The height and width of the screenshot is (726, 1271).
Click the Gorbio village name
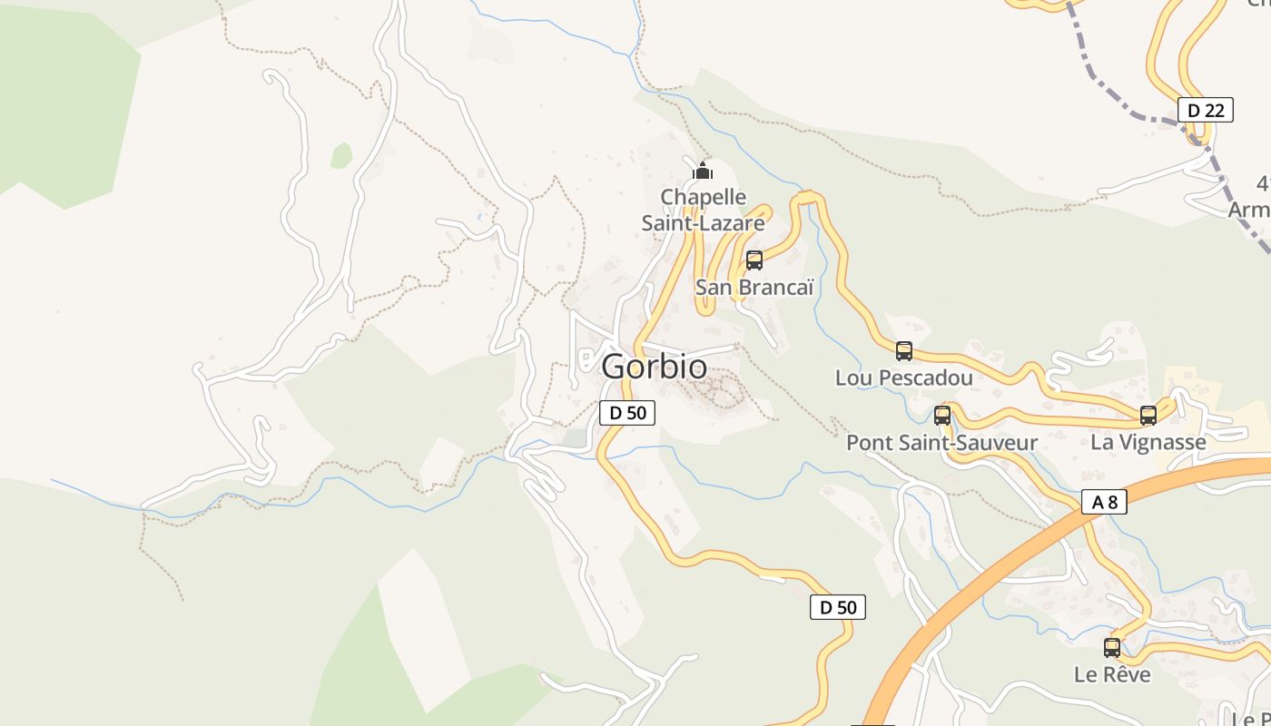point(654,367)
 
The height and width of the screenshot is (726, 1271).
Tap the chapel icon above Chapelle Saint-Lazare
point(703,170)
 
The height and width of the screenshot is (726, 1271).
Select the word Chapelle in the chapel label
point(704,197)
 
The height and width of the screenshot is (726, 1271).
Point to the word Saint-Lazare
point(704,222)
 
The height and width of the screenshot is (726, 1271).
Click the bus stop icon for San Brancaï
point(754,260)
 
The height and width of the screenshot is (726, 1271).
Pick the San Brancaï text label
point(754,288)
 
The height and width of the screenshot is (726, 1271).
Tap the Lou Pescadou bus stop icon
point(903,351)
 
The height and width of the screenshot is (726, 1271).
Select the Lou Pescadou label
point(903,378)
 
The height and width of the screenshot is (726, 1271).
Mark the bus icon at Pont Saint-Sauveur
point(942,416)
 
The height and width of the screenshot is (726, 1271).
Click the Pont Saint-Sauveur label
point(941,443)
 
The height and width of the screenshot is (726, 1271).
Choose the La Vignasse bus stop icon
point(1148,416)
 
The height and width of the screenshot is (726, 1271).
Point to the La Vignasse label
point(1148,443)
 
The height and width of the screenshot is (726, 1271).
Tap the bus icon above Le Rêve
point(1112,648)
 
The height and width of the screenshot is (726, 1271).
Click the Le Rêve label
point(1112,675)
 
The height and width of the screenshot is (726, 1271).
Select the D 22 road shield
point(1206,111)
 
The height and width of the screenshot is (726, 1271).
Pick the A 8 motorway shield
point(1104,502)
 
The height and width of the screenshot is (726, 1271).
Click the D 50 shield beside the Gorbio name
point(627,413)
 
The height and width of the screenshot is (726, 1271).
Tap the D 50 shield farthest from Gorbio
point(837,608)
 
